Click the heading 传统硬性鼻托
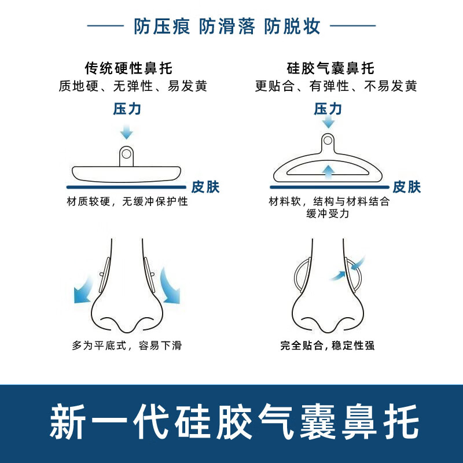[x=128, y=68]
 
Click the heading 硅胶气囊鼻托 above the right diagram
[x=330, y=68]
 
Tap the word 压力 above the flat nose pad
[x=127, y=109]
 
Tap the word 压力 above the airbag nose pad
[x=328, y=109]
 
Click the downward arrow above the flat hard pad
[x=127, y=132]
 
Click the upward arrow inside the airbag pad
[x=328, y=172]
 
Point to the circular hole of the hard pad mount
[x=126, y=153]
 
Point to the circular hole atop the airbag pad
[x=328, y=140]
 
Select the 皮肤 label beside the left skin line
[x=205, y=187]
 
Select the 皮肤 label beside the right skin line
[x=407, y=187]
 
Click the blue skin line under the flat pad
[x=126, y=187]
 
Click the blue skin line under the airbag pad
[x=329, y=187]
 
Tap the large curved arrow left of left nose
[x=83, y=291]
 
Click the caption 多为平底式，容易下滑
[x=127, y=345]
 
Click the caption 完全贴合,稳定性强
[x=328, y=345]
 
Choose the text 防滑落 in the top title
[x=227, y=26]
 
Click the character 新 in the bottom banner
[x=68, y=422]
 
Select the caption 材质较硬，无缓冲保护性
[x=127, y=201]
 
